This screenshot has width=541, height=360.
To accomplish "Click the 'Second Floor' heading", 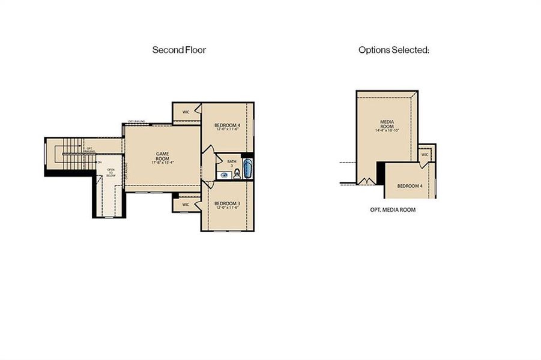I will (x=179, y=50).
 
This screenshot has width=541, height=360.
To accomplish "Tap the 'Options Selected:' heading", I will (x=393, y=50).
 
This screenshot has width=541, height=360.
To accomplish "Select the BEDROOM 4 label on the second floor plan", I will (x=228, y=125).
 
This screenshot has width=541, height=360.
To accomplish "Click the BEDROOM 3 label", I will (x=227, y=204).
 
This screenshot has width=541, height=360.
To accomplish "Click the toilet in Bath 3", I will (x=237, y=175).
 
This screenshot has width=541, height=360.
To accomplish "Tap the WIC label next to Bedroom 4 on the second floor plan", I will (x=186, y=112).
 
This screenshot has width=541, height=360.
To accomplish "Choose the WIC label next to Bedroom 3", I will (x=186, y=205).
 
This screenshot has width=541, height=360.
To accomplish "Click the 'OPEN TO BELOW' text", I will (x=111, y=173).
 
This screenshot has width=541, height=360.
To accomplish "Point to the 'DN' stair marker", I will (x=99, y=162).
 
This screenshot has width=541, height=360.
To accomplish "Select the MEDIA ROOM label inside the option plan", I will (x=387, y=124).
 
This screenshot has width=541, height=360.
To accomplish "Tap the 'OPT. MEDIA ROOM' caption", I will (x=393, y=210).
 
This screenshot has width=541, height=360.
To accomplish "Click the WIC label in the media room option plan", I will (x=425, y=154).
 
